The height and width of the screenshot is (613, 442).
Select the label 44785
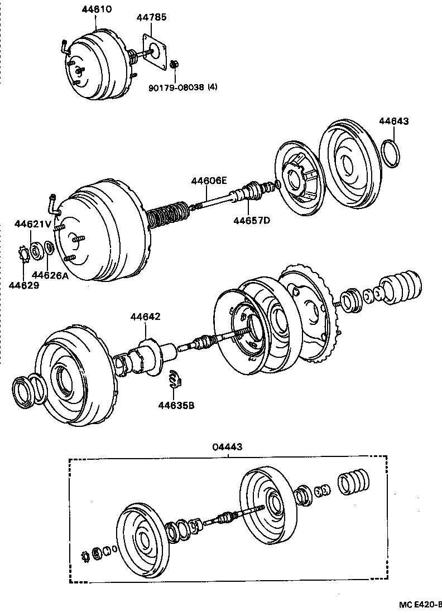[151, 17]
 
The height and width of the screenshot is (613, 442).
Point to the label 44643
[394, 121]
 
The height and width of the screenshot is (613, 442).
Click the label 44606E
[209, 181]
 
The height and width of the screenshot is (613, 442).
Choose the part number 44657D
[251, 220]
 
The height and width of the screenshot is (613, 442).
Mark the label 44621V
[33, 224]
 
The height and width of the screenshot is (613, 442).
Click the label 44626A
[50, 274]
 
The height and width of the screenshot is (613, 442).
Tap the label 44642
[146, 317]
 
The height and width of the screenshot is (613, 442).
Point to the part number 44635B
[176, 405]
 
